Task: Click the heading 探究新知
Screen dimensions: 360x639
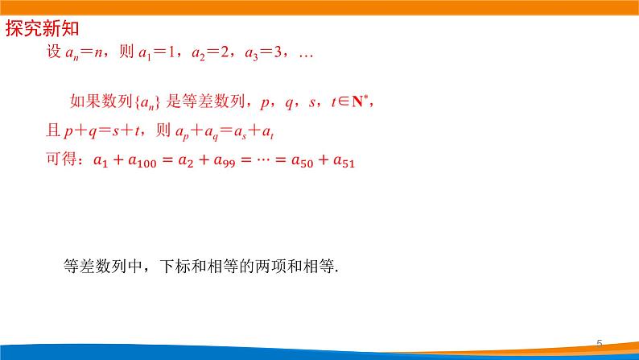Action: pyautogui.click(x=43, y=31)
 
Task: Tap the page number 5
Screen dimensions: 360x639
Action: pyautogui.click(x=599, y=344)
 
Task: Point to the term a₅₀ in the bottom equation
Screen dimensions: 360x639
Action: pyautogui.click(x=307, y=161)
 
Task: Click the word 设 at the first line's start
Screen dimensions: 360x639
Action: pyautogui.click(x=55, y=55)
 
